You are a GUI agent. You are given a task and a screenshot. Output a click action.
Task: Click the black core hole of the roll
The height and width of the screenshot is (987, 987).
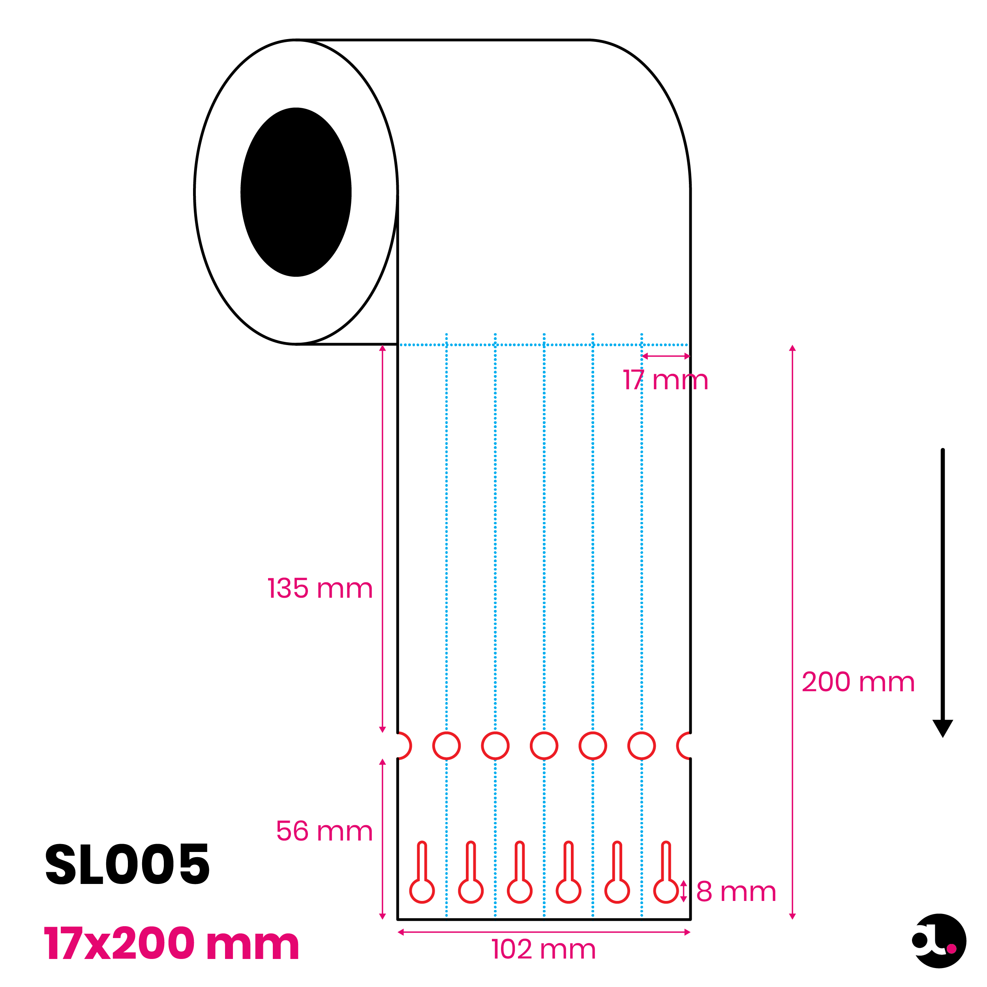(x=296, y=192)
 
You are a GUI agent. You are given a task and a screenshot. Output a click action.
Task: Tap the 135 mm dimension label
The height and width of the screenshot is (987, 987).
(x=320, y=589)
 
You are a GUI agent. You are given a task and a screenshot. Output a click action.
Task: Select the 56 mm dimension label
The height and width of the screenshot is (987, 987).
(x=325, y=831)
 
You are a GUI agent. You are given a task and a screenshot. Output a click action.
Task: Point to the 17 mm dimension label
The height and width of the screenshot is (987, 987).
(x=666, y=380)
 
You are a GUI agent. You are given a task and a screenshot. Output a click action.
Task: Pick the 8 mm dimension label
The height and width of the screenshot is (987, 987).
(x=736, y=892)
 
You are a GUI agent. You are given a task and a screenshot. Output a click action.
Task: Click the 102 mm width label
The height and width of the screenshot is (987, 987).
(x=544, y=950)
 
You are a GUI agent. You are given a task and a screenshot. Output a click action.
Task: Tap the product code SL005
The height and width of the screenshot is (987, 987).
(x=127, y=864)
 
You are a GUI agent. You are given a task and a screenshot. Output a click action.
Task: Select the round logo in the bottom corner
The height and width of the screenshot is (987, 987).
(x=939, y=941)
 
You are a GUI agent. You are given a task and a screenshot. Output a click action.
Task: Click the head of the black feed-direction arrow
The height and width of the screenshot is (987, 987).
(x=942, y=728)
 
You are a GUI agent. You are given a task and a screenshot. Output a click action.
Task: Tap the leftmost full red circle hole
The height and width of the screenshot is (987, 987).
(x=447, y=746)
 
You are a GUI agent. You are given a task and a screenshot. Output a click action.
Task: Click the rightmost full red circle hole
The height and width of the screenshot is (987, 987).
(x=642, y=746)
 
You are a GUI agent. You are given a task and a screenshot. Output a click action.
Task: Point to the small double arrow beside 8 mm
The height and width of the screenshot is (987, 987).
(x=683, y=891)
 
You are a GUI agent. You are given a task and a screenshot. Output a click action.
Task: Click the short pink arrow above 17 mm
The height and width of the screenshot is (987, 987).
(x=666, y=356)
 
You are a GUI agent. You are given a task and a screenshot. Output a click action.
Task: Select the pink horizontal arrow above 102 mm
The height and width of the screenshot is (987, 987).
(x=544, y=933)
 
